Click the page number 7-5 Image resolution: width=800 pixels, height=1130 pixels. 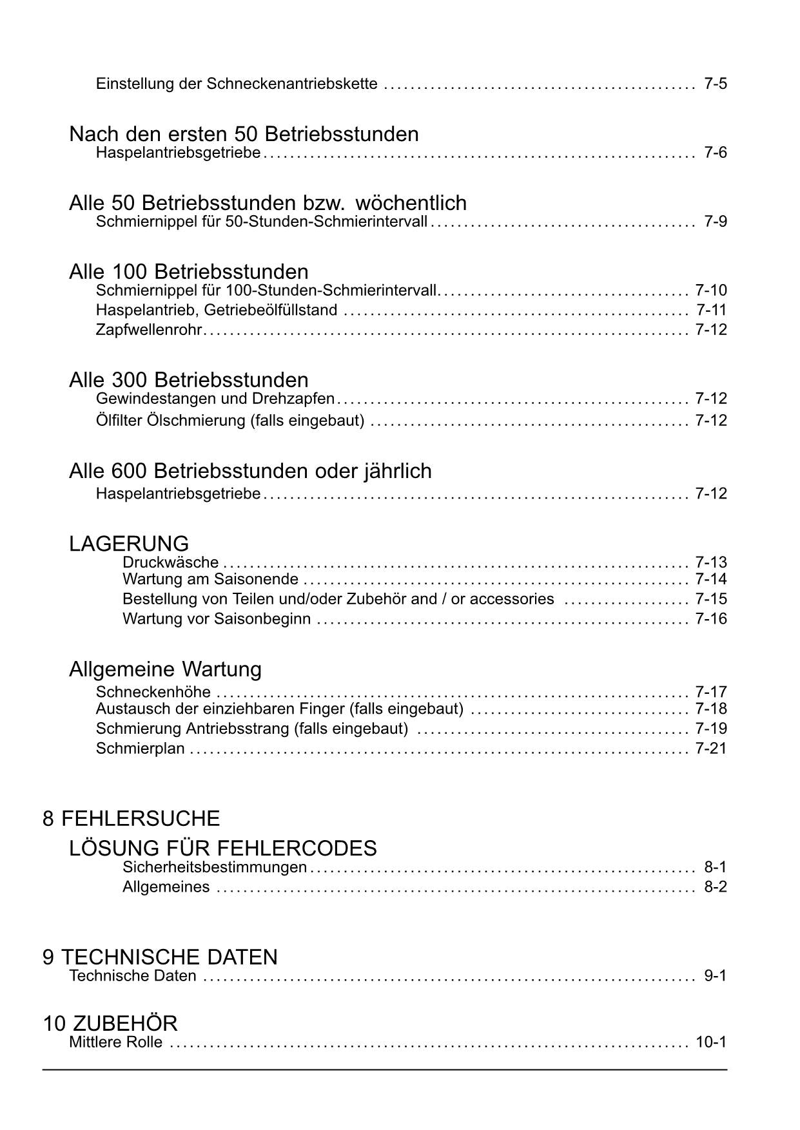click(x=716, y=84)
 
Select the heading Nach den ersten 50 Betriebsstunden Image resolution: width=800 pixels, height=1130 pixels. click(x=244, y=134)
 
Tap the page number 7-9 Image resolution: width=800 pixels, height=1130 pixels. click(x=716, y=222)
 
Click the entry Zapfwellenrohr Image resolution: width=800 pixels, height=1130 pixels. click(x=149, y=330)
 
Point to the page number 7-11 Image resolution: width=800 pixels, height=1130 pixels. click(x=711, y=310)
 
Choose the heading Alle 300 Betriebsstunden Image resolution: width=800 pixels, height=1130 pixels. click(x=188, y=379)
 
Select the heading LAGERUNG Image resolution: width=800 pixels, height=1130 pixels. click(x=129, y=543)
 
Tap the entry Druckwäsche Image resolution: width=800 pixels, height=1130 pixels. click(x=170, y=562)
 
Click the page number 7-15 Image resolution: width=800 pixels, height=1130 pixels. click(x=711, y=599)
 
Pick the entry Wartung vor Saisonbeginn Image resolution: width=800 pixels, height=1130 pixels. click(x=217, y=619)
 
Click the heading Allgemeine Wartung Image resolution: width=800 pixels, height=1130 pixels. click(x=165, y=669)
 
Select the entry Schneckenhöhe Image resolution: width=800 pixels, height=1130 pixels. click(x=153, y=692)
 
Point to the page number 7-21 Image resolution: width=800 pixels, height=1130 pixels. click(x=711, y=749)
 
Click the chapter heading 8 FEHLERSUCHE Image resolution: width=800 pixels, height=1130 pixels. click(x=132, y=819)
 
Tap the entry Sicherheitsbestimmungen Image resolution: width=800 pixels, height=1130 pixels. click(x=215, y=867)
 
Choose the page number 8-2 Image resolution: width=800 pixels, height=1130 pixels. click(x=716, y=887)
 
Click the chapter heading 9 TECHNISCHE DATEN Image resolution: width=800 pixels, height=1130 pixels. click(x=160, y=957)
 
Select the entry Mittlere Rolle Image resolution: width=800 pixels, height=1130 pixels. click(x=115, y=1042)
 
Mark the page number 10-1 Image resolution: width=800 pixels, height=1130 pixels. click(x=711, y=1042)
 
